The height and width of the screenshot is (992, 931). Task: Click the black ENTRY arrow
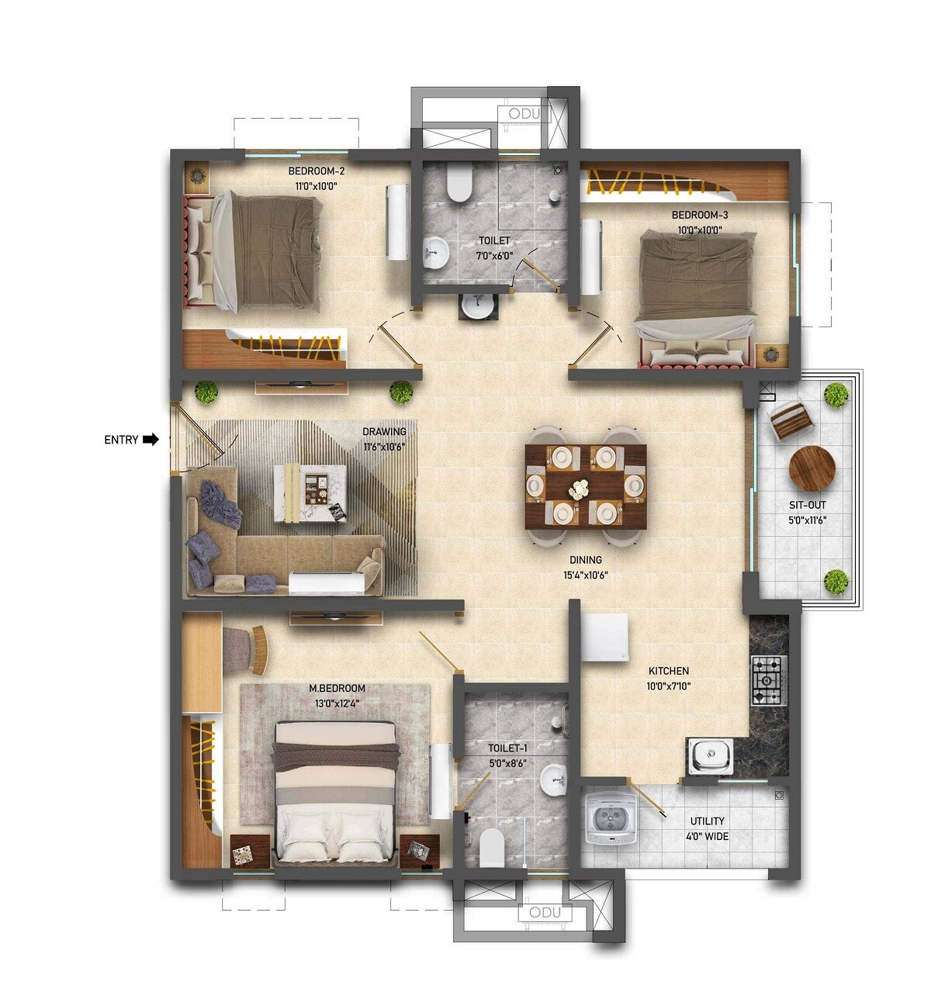tap(151, 440)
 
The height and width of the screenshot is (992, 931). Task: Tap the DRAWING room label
tap(384, 432)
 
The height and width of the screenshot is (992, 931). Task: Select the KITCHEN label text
tap(668, 671)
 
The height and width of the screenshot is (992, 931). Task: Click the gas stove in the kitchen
tap(768, 680)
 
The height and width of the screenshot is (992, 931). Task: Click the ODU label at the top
tap(524, 115)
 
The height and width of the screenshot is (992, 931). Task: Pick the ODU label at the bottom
tap(545, 913)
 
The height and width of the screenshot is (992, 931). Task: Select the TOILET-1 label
tap(507, 748)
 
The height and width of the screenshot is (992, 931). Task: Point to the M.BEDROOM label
tap(337, 689)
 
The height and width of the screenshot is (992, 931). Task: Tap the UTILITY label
tap(707, 821)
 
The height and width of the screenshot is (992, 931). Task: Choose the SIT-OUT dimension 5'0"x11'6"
tap(806, 520)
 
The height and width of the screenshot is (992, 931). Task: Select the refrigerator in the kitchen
tap(604, 638)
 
